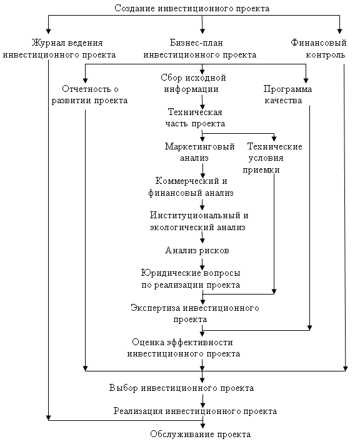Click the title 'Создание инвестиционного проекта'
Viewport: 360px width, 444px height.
(x=192, y=9)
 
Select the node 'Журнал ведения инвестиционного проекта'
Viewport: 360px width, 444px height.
(x=59, y=49)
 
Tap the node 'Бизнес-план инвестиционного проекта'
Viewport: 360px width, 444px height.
(x=200, y=49)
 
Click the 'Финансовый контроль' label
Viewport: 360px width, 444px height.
(x=319, y=49)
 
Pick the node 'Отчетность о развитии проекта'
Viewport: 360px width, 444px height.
(x=90, y=95)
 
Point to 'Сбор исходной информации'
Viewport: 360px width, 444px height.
(x=193, y=83)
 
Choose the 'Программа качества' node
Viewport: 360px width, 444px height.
(x=287, y=95)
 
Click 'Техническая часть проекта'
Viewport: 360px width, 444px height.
(x=195, y=118)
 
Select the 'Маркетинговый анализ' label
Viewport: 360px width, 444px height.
(x=200, y=152)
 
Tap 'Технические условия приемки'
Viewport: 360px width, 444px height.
(x=272, y=158)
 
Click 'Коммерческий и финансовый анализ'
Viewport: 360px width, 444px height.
(x=191, y=187)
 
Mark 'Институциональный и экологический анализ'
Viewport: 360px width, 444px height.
(x=199, y=221)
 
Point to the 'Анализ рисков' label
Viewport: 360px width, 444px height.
(x=197, y=250)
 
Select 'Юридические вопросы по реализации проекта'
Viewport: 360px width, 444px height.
(x=191, y=279)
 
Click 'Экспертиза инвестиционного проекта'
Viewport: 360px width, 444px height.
(x=195, y=313)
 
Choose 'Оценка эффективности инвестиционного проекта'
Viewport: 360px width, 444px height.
(x=184, y=348)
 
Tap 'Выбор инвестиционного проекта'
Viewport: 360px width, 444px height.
(x=181, y=388)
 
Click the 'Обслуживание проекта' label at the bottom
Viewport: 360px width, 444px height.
(x=201, y=434)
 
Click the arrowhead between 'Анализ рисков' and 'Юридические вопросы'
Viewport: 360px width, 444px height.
(x=202, y=267)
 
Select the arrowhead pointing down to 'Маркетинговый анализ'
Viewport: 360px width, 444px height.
(x=202, y=139)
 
